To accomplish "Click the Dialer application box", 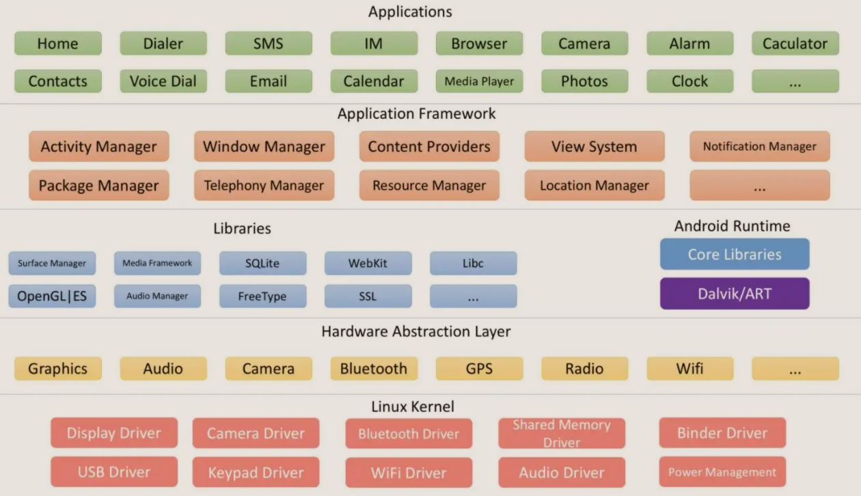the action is pyautogui.click(x=163, y=44).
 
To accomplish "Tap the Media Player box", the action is pyautogui.click(x=479, y=81).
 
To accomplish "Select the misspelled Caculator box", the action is pyautogui.click(x=795, y=44).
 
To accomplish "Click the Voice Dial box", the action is pyautogui.click(x=163, y=81).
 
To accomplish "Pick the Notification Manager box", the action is pyautogui.click(x=760, y=146).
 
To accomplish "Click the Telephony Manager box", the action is pyautogui.click(x=264, y=185).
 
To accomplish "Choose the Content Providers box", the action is pyautogui.click(x=429, y=146).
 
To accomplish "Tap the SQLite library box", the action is pyautogui.click(x=263, y=263).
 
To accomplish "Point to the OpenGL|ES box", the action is pyautogui.click(x=52, y=296).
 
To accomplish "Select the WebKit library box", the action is pyautogui.click(x=368, y=263).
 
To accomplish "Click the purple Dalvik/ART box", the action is pyautogui.click(x=735, y=294).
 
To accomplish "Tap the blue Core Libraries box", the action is pyautogui.click(x=735, y=254).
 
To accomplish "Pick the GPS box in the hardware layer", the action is pyautogui.click(x=479, y=368).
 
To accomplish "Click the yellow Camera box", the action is pyautogui.click(x=269, y=368).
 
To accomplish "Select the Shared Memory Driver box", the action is pyautogui.click(x=562, y=433).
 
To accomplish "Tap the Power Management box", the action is pyautogui.click(x=722, y=472).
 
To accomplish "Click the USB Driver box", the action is pyautogui.click(x=114, y=472).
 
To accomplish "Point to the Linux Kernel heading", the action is pyautogui.click(x=413, y=407).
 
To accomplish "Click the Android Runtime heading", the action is pyautogui.click(x=733, y=226).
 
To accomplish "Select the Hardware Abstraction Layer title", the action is pyautogui.click(x=416, y=331).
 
